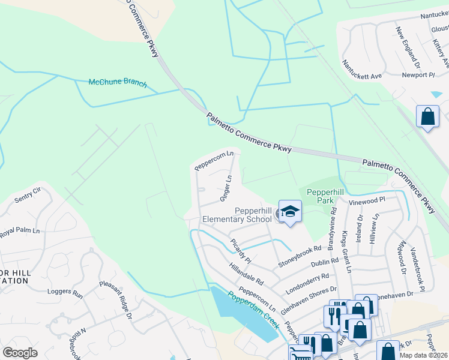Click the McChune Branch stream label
pyautogui.click(x=117, y=83)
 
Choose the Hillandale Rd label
pyautogui.click(x=246, y=272)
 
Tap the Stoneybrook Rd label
pyautogui.click(x=300, y=256)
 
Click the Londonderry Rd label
pyautogui.click(x=308, y=281)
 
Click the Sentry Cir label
pyautogui.click(x=28, y=194)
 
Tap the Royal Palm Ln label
pyautogui.click(x=19, y=231)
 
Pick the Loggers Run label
pyautogui.click(x=65, y=293)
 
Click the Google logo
pyautogui.click(x=20, y=352)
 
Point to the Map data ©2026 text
pyautogui.click(x=424, y=355)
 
